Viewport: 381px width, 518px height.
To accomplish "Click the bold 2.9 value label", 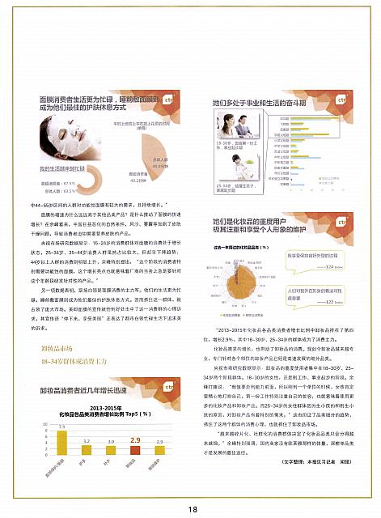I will tap(134, 442).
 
